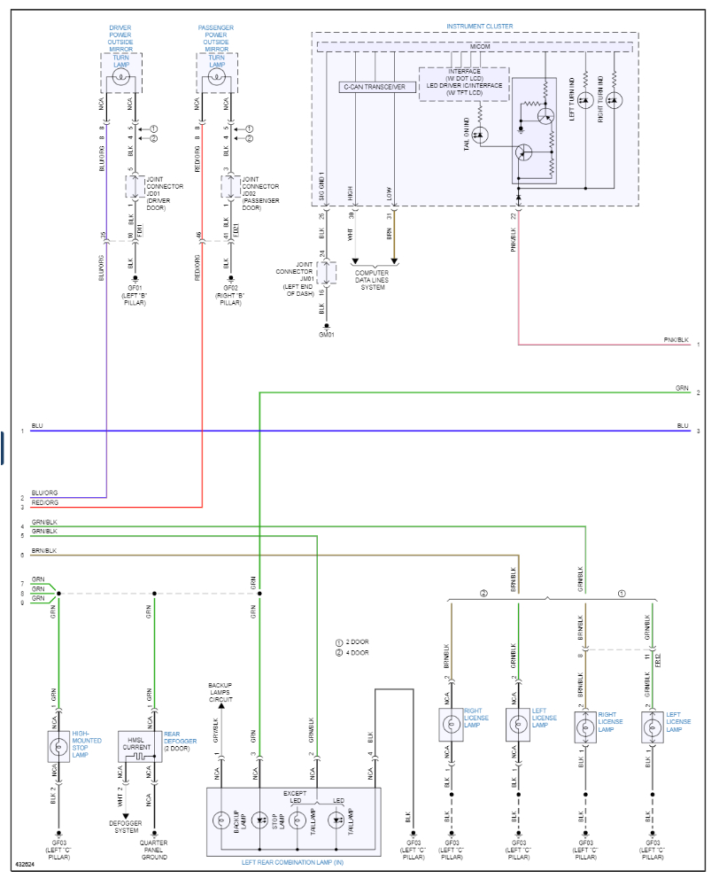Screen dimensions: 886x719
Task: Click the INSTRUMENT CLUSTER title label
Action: [x=479, y=27]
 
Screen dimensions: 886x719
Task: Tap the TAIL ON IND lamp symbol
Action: [x=480, y=135]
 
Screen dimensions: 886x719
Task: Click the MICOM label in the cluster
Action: [x=480, y=45]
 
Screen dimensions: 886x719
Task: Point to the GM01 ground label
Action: [x=327, y=335]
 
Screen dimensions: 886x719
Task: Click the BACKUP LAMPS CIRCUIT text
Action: [x=220, y=691]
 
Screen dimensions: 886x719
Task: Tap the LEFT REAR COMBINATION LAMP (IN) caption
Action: [x=293, y=862]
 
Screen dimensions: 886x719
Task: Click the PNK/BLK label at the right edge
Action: [x=675, y=339]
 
